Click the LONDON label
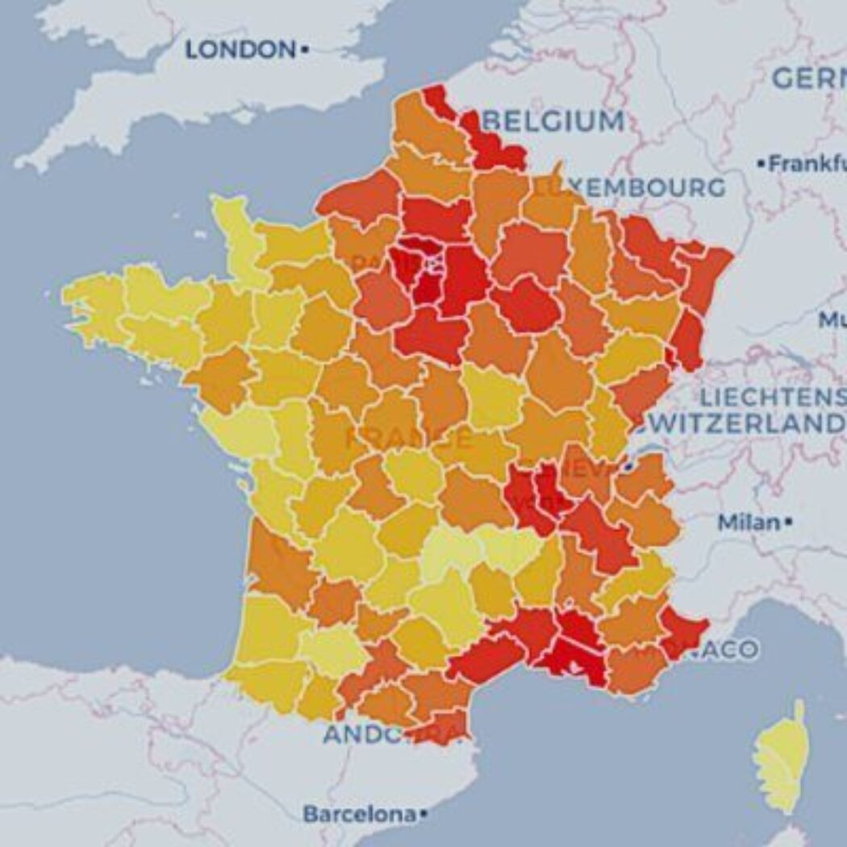[x=240, y=50]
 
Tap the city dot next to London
[x=305, y=50]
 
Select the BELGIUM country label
[x=554, y=122]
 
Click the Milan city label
[x=749, y=523]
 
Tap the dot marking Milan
[x=788, y=523]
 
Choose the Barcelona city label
[x=361, y=814]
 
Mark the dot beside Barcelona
[x=424, y=814]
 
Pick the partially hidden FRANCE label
[x=408, y=439]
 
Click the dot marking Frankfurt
[x=761, y=164]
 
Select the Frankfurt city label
[x=807, y=164]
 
